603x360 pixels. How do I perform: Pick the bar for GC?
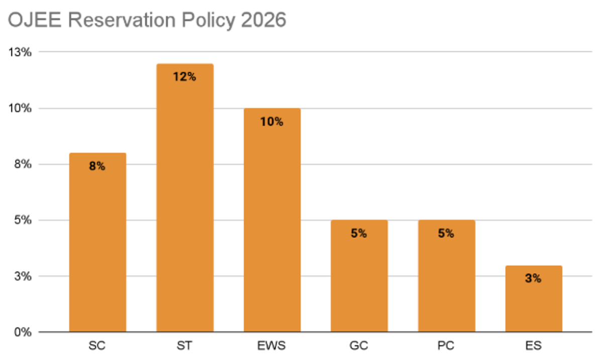pos(359,276)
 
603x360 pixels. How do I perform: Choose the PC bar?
pos(446,276)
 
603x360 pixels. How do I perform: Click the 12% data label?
pos(184,77)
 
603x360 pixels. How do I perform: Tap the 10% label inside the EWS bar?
pos(272,122)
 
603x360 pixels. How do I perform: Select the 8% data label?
pos(97,166)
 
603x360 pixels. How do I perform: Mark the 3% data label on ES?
pos(533,279)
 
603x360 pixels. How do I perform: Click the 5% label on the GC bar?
pos(359,233)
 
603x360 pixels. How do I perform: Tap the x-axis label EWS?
pos(272,346)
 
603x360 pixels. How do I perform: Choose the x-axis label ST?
pos(184,346)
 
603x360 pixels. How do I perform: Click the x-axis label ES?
pos(533,346)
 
